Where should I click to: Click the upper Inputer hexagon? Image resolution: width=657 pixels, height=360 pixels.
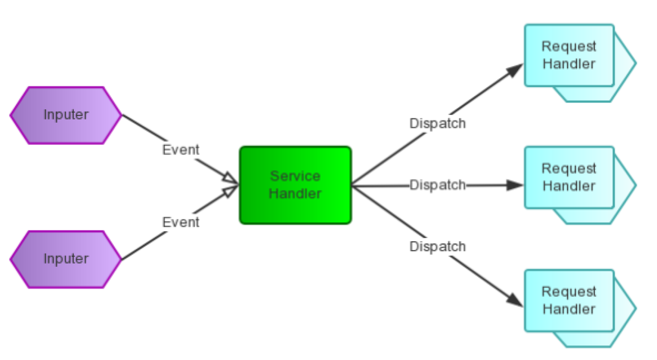[x=66, y=115]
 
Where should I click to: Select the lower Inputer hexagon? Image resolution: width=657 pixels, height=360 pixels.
[x=66, y=259]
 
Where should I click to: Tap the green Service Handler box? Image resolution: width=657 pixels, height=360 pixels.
[x=295, y=185]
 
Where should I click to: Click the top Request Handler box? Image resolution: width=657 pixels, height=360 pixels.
[x=569, y=55]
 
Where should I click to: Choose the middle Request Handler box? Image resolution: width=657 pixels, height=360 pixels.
[x=569, y=178]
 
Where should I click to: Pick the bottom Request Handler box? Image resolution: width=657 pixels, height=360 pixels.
[x=569, y=301]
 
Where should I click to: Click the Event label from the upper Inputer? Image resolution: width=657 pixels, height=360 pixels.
[x=181, y=150]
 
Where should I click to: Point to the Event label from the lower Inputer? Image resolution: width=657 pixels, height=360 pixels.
[x=181, y=222]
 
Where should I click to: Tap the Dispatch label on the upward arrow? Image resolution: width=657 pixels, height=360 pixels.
[x=437, y=123]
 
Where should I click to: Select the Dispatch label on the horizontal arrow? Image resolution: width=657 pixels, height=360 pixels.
[x=437, y=185]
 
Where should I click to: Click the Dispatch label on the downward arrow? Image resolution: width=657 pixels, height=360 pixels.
[x=437, y=247]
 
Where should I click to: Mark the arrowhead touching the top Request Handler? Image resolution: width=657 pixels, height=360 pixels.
[x=515, y=70]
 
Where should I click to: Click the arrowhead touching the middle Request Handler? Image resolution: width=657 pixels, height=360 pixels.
[x=515, y=185]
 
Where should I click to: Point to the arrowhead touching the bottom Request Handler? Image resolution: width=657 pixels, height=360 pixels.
[x=515, y=300]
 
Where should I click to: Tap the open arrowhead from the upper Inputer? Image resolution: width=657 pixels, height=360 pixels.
[x=230, y=179]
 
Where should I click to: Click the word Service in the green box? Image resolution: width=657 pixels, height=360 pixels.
[x=295, y=176]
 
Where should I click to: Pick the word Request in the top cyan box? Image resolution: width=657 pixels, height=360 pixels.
[x=569, y=46]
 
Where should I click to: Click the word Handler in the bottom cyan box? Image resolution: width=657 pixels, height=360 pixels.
[x=569, y=309]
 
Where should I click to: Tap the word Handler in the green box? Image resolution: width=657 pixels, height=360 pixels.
[x=295, y=194]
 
